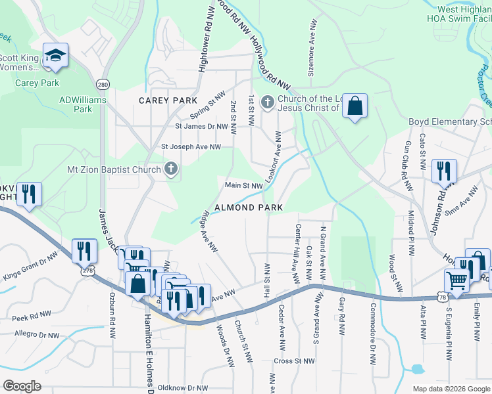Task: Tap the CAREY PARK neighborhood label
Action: (x=168, y=100)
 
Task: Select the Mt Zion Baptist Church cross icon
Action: (x=170, y=169)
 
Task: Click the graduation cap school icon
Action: (x=55, y=56)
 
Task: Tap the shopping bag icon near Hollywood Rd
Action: (x=355, y=106)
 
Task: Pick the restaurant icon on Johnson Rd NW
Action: (x=444, y=171)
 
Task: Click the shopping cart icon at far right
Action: (x=456, y=281)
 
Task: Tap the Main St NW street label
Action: (x=244, y=186)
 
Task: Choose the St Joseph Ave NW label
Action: (x=191, y=147)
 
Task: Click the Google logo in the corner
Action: (x=22, y=386)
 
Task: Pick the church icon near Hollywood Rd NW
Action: (x=267, y=102)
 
